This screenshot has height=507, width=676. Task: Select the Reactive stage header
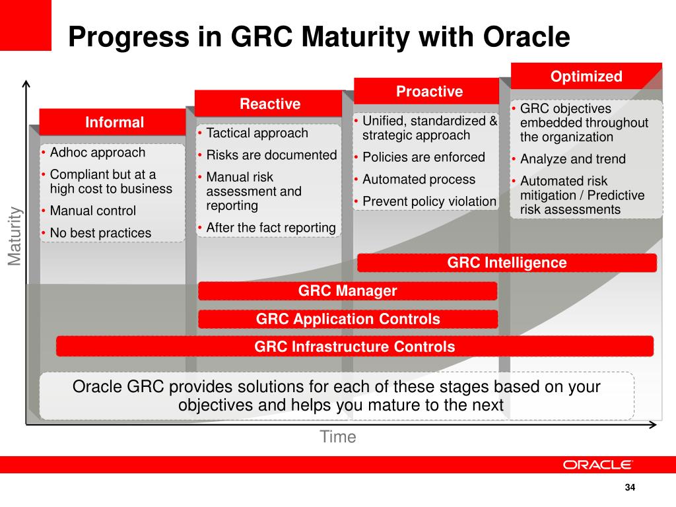tap(269, 104)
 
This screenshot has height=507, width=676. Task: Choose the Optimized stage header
tap(586, 76)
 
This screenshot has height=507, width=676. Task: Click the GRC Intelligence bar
tap(507, 263)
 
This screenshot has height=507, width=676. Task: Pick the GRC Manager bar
tap(347, 290)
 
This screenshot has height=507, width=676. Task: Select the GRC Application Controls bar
tap(348, 319)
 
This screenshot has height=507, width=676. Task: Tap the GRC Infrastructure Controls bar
tap(355, 346)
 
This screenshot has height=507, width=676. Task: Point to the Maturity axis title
tap(15, 236)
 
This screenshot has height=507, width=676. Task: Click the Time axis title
tap(338, 437)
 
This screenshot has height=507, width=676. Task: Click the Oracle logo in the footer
tap(597, 465)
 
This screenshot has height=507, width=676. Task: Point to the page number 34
tap(630, 487)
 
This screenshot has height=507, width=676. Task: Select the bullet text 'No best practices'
tap(100, 233)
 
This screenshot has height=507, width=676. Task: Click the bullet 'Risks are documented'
tap(271, 154)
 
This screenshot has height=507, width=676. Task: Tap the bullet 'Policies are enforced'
tap(424, 157)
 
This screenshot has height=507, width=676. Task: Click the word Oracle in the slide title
tap(526, 36)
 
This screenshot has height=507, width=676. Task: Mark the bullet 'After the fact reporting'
tap(271, 227)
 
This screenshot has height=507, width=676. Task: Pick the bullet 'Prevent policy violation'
tap(429, 201)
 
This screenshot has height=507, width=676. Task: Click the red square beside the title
tap(26, 25)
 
